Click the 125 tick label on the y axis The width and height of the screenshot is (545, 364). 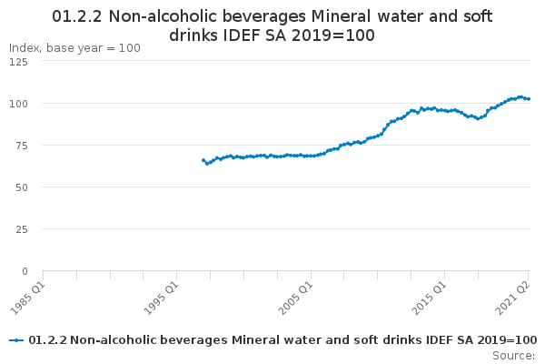click(x=18, y=62)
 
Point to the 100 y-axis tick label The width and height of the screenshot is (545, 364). click(x=18, y=104)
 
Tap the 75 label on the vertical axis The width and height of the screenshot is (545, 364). click(x=22, y=146)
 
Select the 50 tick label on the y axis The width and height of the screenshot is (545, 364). click(x=22, y=187)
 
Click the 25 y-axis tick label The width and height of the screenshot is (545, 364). click(x=22, y=229)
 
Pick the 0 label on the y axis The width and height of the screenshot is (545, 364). click(x=25, y=271)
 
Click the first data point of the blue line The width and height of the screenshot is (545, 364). click(x=203, y=160)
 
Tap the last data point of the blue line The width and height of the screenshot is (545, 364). click(x=529, y=99)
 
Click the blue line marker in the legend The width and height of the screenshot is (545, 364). click(x=16, y=340)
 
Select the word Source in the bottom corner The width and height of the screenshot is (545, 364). click(x=512, y=356)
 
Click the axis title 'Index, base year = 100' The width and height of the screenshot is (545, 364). click(x=74, y=48)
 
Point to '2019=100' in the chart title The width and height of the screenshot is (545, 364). click(x=333, y=35)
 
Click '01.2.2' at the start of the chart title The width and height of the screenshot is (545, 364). click(x=77, y=16)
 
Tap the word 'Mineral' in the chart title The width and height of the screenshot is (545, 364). click(x=341, y=16)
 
